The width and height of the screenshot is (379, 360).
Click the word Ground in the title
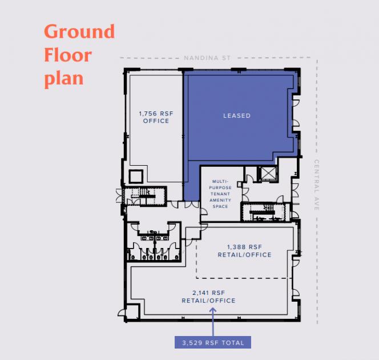pos(79,31)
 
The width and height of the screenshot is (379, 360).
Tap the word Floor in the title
pos(68,55)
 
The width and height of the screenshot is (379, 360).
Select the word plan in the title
pos(64,79)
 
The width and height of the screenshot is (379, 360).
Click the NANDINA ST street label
pos(207,58)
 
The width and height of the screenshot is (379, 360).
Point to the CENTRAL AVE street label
pos(317,185)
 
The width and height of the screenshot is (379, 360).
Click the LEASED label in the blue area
pos(237,115)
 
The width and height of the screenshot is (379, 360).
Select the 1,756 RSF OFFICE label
pos(156,117)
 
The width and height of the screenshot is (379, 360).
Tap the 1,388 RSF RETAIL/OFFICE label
pos(245,251)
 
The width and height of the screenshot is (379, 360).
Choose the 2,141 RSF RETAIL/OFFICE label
pos(208,297)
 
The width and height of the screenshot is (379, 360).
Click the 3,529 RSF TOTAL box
pos(213,343)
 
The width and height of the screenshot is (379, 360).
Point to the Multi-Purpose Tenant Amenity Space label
pos(220,194)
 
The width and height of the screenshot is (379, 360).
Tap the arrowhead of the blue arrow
pos(213,310)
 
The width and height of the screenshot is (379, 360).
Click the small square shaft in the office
pos(136,177)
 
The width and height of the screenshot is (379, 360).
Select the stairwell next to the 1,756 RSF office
pos(144,196)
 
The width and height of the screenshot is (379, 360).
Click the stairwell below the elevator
pos(265,212)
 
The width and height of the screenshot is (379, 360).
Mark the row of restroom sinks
pos(155,238)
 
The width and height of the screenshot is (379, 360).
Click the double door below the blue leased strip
pos(192,205)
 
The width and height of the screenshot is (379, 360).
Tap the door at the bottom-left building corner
pos(122,313)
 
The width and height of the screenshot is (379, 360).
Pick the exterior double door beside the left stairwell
pos(119,196)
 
